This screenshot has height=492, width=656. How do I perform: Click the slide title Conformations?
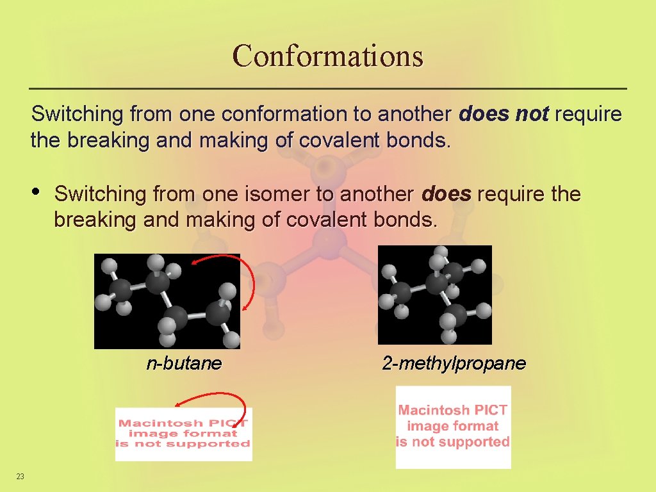click(x=328, y=56)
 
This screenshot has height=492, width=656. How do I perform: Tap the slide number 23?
click(x=20, y=476)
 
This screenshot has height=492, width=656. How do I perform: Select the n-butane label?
click(x=184, y=364)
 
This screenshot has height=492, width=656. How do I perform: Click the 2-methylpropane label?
click(x=454, y=364)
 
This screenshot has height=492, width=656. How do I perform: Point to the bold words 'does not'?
click(x=504, y=115)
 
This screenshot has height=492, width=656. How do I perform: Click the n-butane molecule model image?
click(x=167, y=301)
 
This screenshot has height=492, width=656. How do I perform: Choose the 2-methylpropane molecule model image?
click(x=435, y=295)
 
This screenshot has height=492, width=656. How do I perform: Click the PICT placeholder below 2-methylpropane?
click(x=453, y=427)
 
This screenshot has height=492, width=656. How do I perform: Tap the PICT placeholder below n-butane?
click(x=184, y=434)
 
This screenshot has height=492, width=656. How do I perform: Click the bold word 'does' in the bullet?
click(x=447, y=193)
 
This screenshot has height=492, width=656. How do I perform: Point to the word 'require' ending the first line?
click(x=588, y=115)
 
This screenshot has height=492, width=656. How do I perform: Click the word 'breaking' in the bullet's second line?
click(x=86, y=220)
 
